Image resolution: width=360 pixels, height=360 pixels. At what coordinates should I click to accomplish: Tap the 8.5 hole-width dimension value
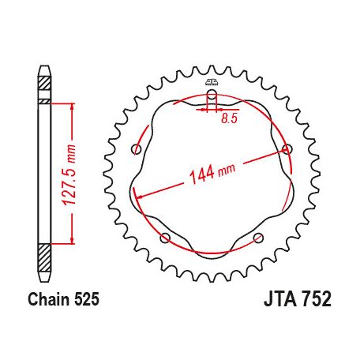[x=229, y=118]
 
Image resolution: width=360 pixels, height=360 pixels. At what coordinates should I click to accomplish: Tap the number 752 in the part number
[x=309, y=300]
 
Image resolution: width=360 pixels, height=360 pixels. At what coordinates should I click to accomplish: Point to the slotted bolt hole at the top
[x=211, y=99]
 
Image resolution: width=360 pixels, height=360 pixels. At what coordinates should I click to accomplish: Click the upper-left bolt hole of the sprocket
[x=137, y=149]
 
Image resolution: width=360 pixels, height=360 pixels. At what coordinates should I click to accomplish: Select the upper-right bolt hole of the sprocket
[x=286, y=149]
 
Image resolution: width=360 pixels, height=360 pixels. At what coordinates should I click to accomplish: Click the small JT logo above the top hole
[x=211, y=82]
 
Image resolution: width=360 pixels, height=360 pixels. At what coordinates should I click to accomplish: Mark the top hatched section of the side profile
[x=44, y=81]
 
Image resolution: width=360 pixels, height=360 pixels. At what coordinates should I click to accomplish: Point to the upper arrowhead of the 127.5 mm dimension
[x=73, y=106]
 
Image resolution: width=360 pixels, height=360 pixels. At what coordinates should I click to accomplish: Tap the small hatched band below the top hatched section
[x=44, y=101]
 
